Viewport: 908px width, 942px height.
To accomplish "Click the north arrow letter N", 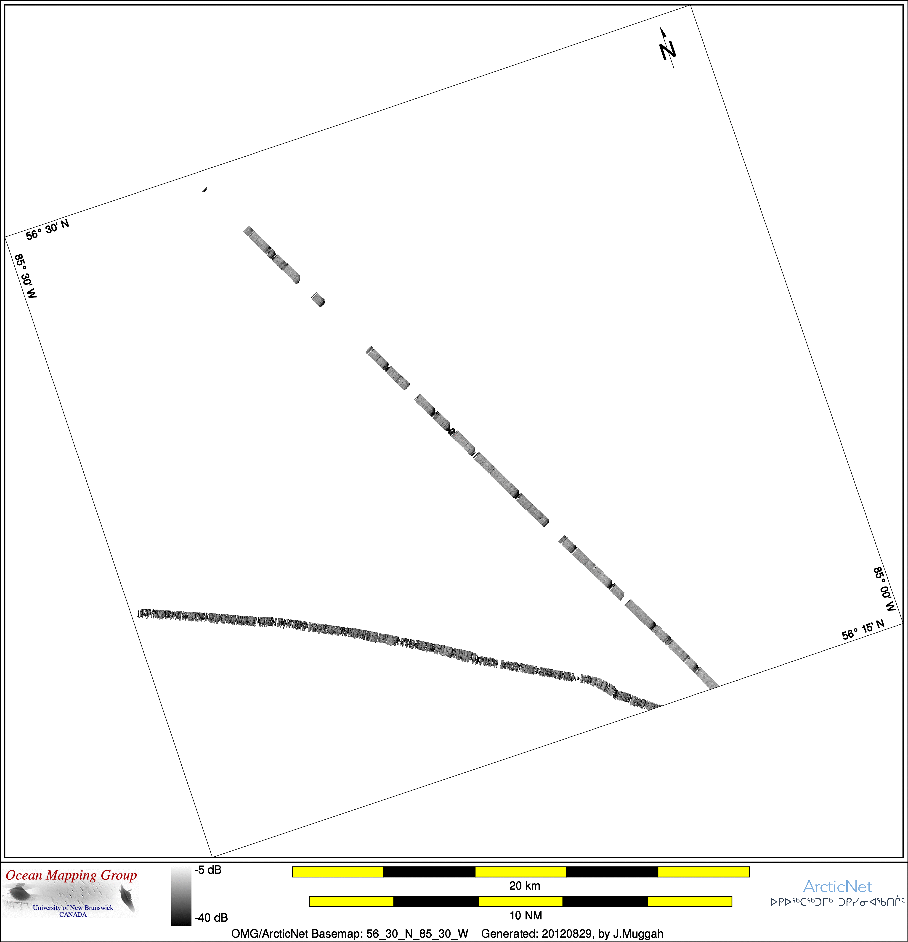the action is click(668, 50).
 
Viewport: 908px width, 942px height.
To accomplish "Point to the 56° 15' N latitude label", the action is click(863, 630).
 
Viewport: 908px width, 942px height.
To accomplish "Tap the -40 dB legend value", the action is click(211, 918).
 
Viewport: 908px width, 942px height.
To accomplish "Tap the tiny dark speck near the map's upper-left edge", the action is click(205, 189).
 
